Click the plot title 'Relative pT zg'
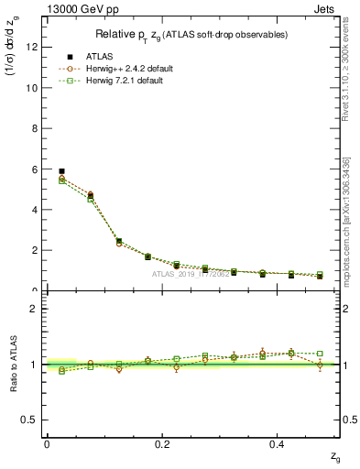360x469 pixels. (191, 35)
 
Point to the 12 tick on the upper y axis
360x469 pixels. (34, 48)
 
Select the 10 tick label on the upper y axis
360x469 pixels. (34, 88)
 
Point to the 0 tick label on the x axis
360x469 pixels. (47, 443)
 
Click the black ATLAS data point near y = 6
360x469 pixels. (61, 171)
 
